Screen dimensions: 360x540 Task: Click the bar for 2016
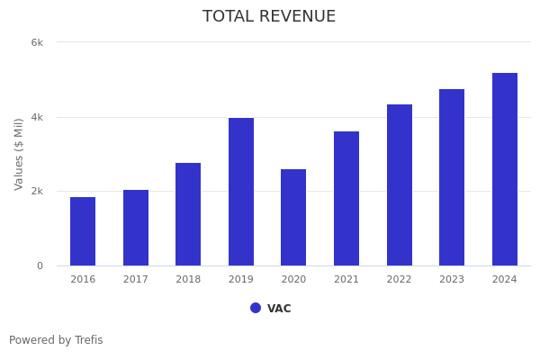83,231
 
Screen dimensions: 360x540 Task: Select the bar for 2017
136,228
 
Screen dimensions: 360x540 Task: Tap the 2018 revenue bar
188,214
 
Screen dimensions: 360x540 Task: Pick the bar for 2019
241,192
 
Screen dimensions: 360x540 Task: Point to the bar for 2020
293,217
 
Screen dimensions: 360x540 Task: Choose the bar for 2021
346,198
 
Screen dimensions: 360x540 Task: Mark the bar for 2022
400,184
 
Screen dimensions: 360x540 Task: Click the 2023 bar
452,177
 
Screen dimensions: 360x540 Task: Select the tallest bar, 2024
505,169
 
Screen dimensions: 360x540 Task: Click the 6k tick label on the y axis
37,42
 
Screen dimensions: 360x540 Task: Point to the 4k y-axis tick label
37,117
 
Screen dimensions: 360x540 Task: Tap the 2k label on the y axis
37,191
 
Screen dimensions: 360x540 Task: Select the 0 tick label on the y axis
40,265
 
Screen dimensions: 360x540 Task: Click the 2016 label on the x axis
83,280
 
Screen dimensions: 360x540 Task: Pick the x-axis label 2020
293,280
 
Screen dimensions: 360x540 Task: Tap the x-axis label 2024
505,280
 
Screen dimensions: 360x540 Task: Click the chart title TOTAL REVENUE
269,17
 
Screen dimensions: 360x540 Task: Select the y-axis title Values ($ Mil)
19,154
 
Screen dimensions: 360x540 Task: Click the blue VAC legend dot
256,308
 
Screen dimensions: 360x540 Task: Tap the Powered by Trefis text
56,340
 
